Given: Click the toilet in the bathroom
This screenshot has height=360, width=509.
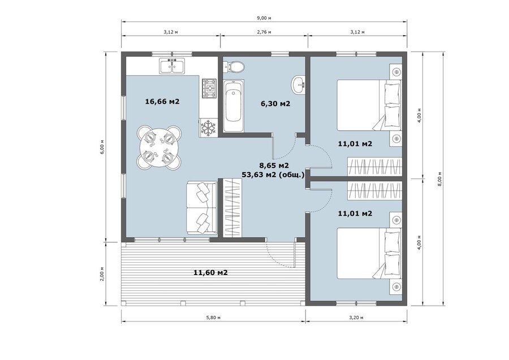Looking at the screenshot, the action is pyautogui.click(x=233, y=67).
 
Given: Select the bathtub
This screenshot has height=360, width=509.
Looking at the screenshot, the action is pyautogui.click(x=234, y=106).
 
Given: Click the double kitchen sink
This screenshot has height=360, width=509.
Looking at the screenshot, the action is pyautogui.click(x=172, y=66).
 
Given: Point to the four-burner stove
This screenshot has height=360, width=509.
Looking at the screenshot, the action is pyautogui.click(x=209, y=88).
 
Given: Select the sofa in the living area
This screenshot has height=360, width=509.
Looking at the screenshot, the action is pyautogui.click(x=201, y=208).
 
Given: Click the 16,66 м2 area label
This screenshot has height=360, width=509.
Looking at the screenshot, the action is pyautogui.click(x=162, y=101).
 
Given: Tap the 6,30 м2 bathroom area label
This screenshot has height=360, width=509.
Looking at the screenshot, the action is pyautogui.click(x=275, y=104).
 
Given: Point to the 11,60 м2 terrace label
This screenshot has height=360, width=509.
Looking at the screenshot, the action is pyautogui.click(x=210, y=272).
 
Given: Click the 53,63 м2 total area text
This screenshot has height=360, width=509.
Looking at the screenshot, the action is pyautogui.click(x=273, y=175).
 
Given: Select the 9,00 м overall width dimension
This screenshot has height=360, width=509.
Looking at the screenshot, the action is pyautogui.click(x=264, y=18).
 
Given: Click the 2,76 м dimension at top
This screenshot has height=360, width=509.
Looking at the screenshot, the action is pyautogui.click(x=264, y=32).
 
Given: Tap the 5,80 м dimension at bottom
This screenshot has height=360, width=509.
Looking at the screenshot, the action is pyautogui.click(x=213, y=318).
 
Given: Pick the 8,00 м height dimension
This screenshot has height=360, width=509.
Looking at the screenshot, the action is pyautogui.click(x=439, y=178).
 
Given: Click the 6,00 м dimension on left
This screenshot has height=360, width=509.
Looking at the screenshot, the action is pyautogui.click(x=102, y=147).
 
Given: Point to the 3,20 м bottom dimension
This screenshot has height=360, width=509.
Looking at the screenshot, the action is pyautogui.click(x=356, y=318).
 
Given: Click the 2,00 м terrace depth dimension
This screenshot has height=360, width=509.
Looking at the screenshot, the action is pyautogui.click(x=102, y=274).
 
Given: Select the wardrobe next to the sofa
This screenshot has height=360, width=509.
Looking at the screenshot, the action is pyautogui.click(x=233, y=207).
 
